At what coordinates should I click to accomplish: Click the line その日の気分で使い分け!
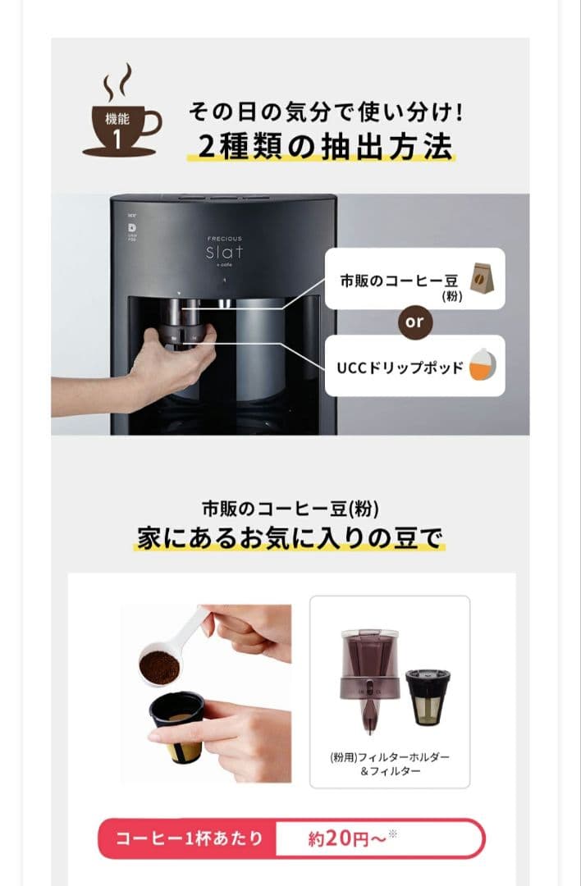click(319, 110)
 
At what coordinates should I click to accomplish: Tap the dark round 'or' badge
click(414, 322)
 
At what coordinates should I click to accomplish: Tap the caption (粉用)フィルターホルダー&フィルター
click(389, 763)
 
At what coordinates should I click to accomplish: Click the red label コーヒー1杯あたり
click(189, 838)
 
